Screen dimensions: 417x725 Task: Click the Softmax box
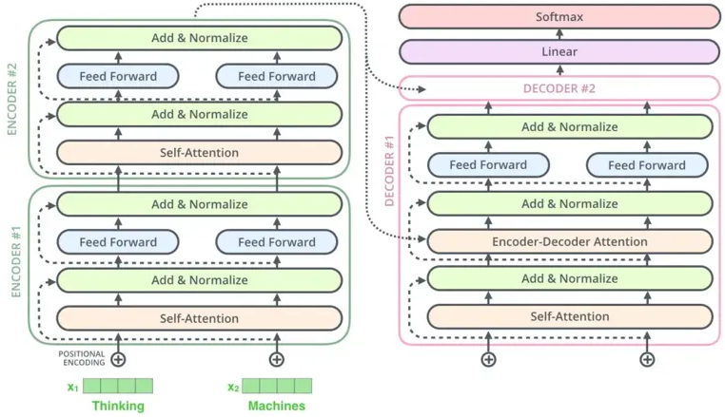(x=558, y=16)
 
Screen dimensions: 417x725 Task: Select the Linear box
(x=558, y=51)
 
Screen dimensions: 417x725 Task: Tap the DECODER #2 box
(x=558, y=88)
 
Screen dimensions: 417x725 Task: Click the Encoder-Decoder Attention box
(x=569, y=241)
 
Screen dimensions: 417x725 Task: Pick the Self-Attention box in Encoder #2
(x=199, y=152)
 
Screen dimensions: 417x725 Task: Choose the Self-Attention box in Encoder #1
(x=199, y=318)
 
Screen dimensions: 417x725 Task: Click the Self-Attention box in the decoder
(x=569, y=316)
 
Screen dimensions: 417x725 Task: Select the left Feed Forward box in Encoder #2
(x=118, y=76)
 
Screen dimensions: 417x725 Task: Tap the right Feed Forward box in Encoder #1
(x=277, y=242)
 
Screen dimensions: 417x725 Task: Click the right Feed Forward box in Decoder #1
(x=647, y=165)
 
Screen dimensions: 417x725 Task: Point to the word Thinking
(x=118, y=407)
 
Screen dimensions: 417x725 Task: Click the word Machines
(x=277, y=407)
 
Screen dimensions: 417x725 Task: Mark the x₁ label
(x=72, y=387)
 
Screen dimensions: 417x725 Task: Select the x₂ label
(x=233, y=387)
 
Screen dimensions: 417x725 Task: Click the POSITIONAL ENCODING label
(x=81, y=358)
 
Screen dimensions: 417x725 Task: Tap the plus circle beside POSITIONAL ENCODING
(x=118, y=359)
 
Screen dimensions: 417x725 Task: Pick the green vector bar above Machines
(x=277, y=386)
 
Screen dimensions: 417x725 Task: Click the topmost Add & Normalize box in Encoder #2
(x=199, y=38)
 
